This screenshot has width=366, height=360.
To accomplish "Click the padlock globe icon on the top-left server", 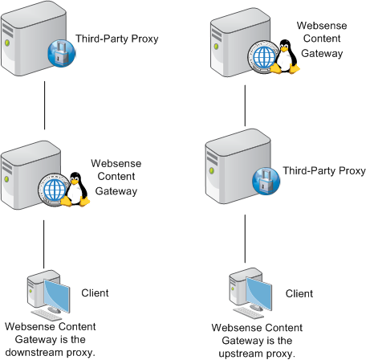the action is pyautogui.click(x=62, y=53).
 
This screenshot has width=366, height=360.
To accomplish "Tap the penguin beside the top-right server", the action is pyautogui.click(x=285, y=56).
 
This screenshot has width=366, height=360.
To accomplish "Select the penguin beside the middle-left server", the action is pyautogui.click(x=75, y=190).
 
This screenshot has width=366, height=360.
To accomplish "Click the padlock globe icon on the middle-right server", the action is pyautogui.click(x=266, y=181).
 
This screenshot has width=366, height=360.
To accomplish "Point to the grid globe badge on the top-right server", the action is pyautogui.click(x=262, y=57).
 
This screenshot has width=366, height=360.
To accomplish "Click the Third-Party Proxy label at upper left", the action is pyautogui.click(x=117, y=39).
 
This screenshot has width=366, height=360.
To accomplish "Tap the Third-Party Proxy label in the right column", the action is pyautogui.click(x=324, y=170).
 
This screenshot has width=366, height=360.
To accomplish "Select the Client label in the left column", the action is pyautogui.click(x=95, y=292).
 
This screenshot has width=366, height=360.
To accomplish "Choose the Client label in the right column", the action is pyautogui.click(x=299, y=293).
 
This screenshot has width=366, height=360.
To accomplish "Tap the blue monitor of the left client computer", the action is pyautogui.click(x=57, y=296).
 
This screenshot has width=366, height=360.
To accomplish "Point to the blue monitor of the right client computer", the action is pyautogui.click(x=258, y=293).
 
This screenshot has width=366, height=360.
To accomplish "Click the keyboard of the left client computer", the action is pyautogui.click(x=47, y=315).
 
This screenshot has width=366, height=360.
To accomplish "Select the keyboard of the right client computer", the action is pyautogui.click(x=249, y=313).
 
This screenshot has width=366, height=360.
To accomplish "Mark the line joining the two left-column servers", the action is pyautogui.click(x=44, y=105).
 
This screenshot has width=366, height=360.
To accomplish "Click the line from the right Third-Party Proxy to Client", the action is pyautogui.click(x=245, y=239).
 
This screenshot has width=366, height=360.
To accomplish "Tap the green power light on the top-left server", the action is pyautogui.click(x=7, y=43).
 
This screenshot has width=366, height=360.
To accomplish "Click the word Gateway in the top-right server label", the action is pyautogui.click(x=322, y=53).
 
